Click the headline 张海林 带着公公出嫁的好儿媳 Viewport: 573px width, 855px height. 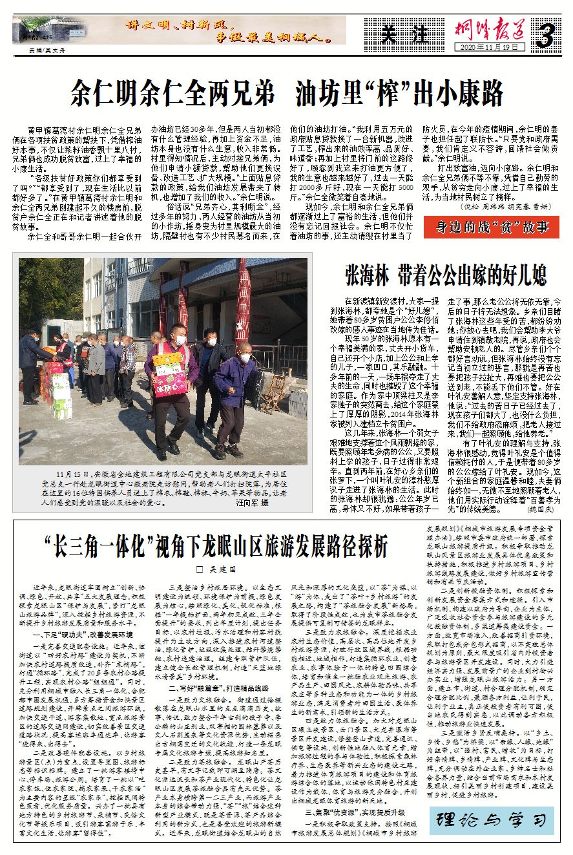point(444,273)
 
